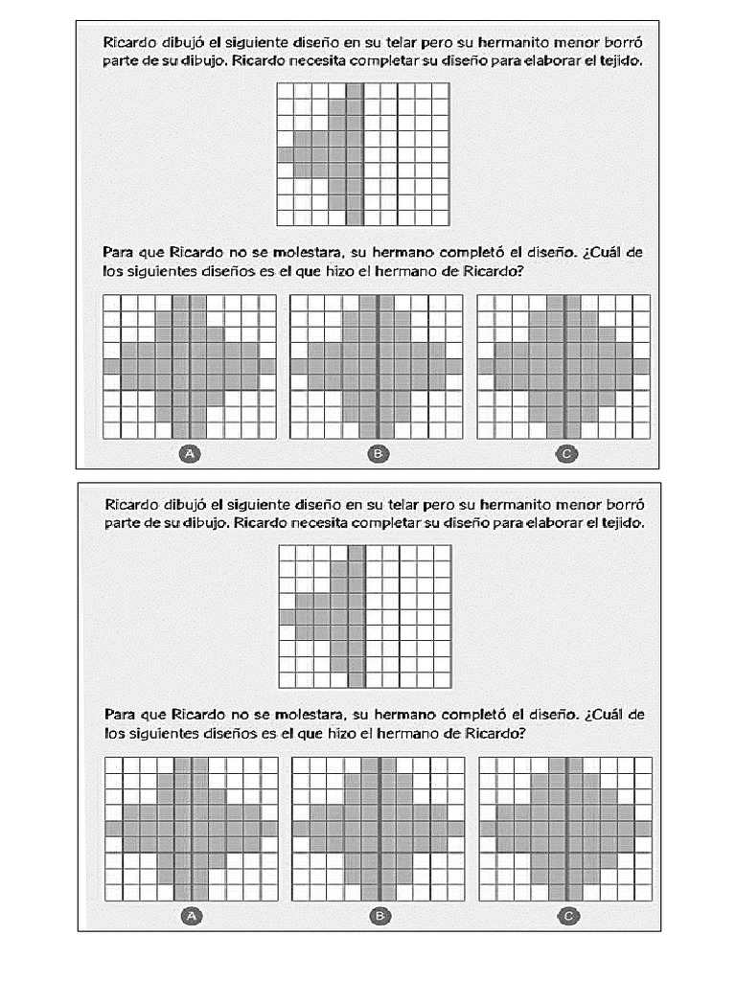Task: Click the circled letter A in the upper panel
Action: click(x=189, y=454)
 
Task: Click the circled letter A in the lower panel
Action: click(x=190, y=917)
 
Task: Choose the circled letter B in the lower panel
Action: click(x=379, y=917)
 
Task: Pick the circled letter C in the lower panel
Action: click(x=567, y=917)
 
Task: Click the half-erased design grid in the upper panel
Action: click(x=362, y=153)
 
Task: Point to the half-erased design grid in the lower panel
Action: click(x=364, y=616)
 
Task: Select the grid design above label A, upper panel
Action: click(x=189, y=366)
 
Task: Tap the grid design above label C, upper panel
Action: click(x=563, y=366)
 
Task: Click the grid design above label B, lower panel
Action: click(x=379, y=829)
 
